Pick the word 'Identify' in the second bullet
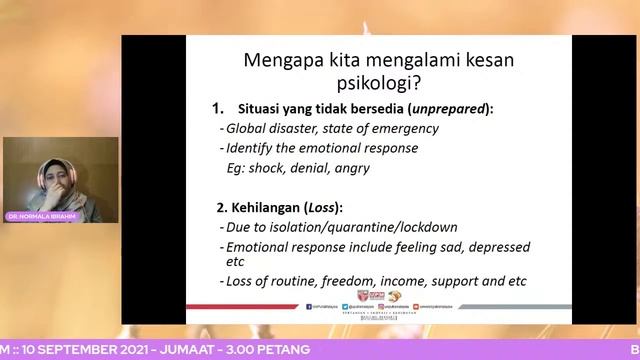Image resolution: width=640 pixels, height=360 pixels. [x=248, y=148]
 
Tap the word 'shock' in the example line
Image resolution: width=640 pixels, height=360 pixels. [x=275, y=168]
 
